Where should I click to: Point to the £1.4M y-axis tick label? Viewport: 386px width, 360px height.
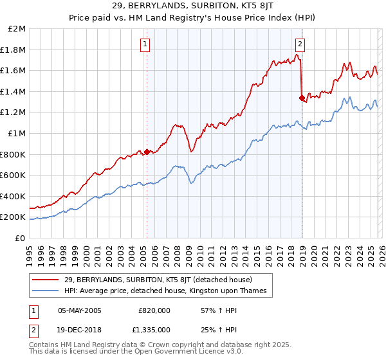pyautogui.click(x=14, y=92)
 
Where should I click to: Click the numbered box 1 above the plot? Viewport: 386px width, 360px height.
pyautogui.click(x=146, y=44)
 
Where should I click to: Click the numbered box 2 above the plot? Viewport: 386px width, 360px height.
pyautogui.click(x=300, y=44)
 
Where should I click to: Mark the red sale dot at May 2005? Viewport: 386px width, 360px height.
pyautogui.click(x=147, y=152)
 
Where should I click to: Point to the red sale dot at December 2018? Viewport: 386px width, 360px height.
pyautogui.click(x=302, y=98)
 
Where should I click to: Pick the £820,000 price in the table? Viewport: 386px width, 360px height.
pyautogui.click(x=155, y=310)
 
